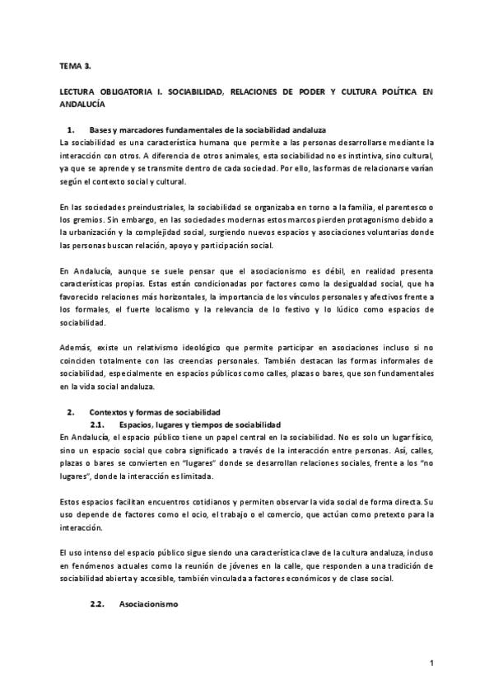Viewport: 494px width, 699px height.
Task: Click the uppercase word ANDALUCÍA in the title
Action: pyautogui.click(x=82, y=105)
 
